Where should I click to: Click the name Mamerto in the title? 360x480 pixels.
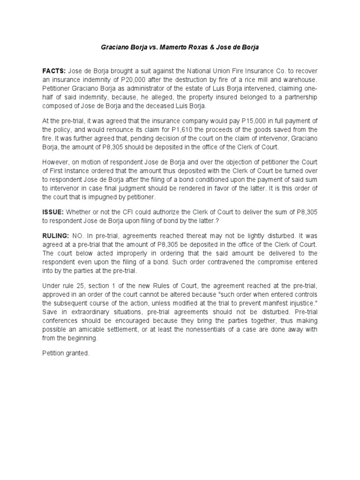point(180,48)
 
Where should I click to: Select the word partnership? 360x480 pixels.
point(299,97)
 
